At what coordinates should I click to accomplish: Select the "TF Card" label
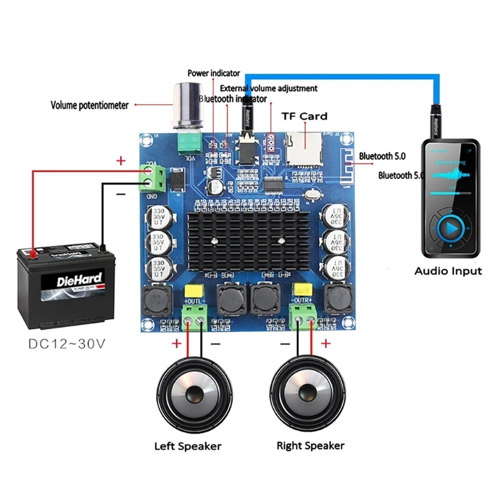coord(304,116)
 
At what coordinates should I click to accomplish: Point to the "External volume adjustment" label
coord(269,88)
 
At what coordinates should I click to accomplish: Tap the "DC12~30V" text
coord(66,343)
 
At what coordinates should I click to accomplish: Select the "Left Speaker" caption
coord(187,445)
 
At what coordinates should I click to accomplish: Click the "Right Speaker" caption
coord(310,445)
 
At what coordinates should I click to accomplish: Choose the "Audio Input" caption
coord(447,270)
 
